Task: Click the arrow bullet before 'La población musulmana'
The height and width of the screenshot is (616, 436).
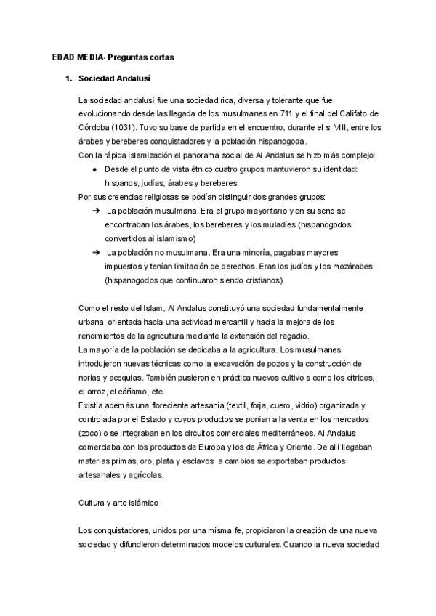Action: click(95, 211)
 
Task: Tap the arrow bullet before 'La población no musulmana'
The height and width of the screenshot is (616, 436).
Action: click(95, 252)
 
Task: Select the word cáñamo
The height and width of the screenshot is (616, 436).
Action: click(122, 391)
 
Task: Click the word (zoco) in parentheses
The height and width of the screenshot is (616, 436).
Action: click(92, 432)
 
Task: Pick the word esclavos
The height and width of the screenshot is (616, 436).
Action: click(193, 460)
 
